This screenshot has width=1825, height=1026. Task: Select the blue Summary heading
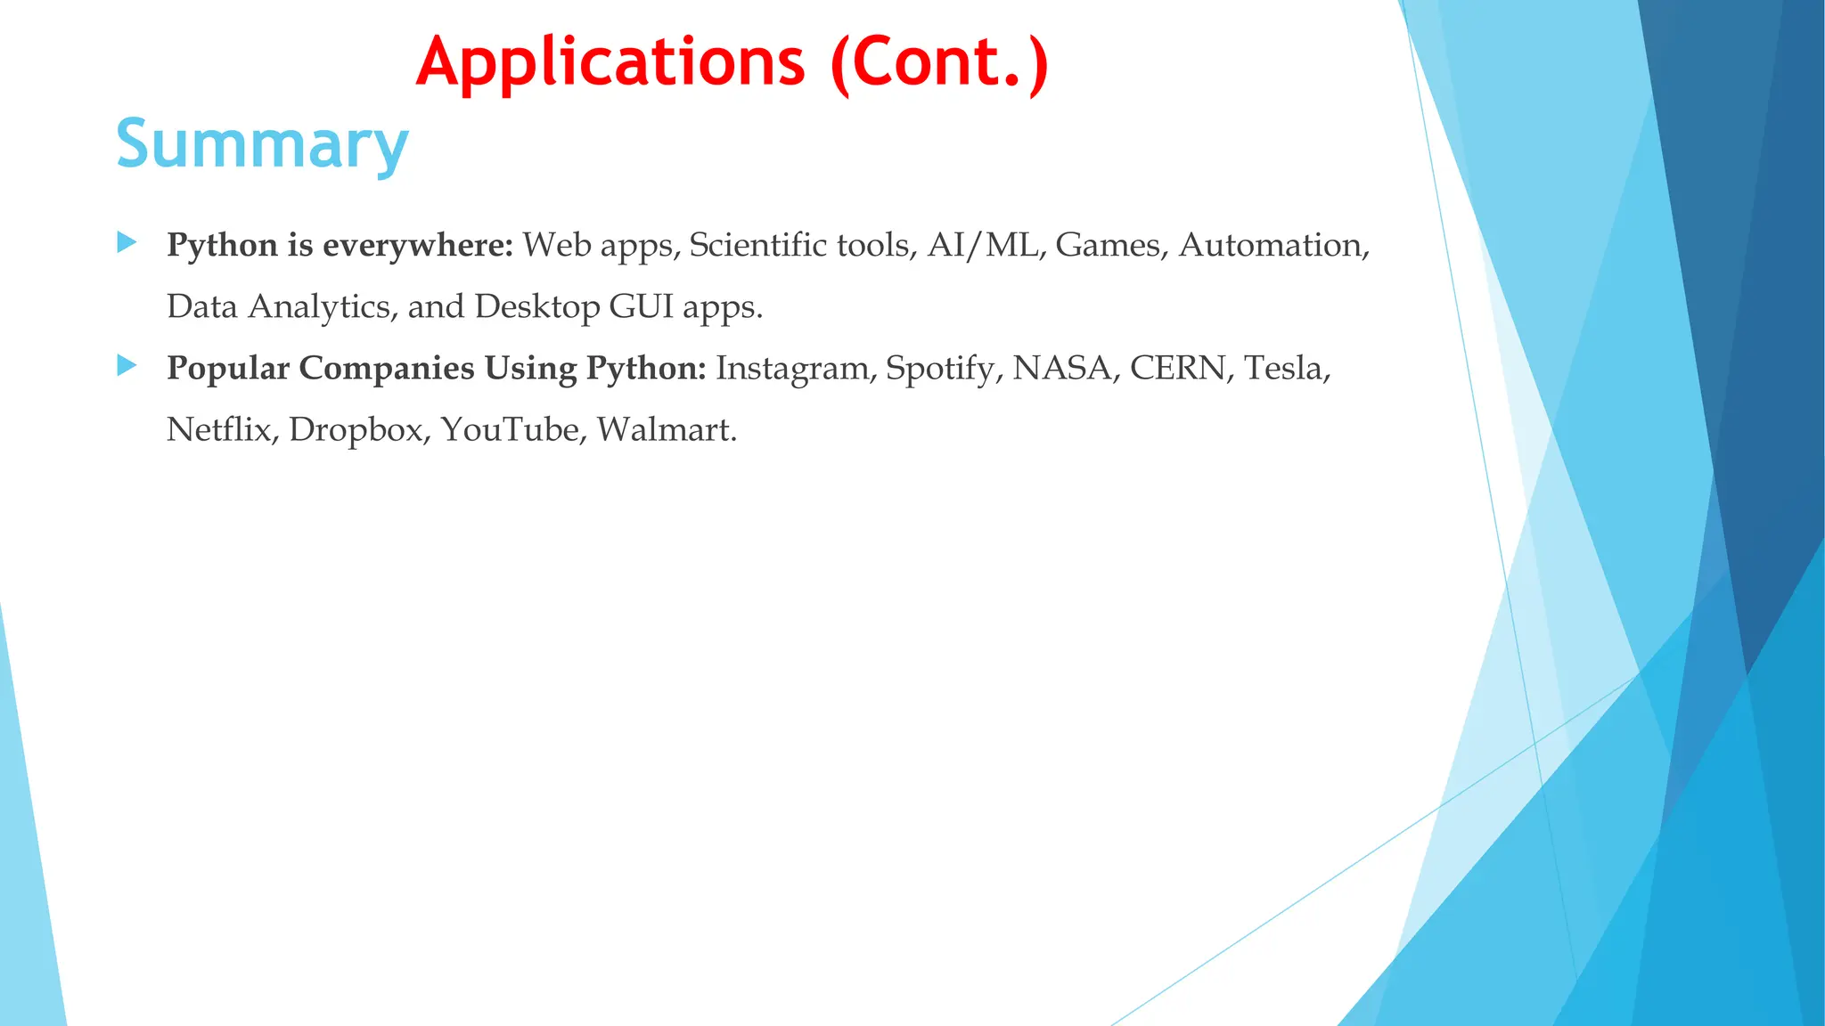coord(262,144)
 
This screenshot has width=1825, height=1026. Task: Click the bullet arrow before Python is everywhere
coord(127,242)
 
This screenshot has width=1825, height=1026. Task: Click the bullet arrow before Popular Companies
coord(127,365)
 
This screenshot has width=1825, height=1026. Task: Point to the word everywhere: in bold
coord(418,245)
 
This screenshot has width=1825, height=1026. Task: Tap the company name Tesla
coord(1286,368)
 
